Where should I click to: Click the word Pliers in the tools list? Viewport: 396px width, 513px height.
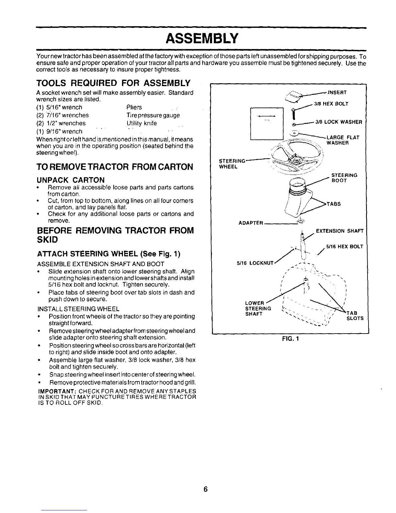coord(134,107)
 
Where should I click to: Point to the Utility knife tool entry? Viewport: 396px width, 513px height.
coord(142,123)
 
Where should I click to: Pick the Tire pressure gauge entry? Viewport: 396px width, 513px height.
coord(153,115)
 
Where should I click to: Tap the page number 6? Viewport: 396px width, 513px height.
coord(205,489)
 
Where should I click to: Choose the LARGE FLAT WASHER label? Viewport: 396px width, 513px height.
coord(343,140)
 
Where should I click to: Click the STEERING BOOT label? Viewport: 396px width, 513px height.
coord(344,178)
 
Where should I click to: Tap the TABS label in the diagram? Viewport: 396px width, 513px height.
coord(334,204)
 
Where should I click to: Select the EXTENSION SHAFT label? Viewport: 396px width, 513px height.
coord(339,231)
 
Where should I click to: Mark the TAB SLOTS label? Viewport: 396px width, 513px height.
coord(355,316)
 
